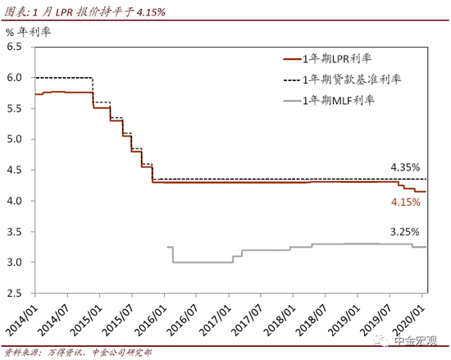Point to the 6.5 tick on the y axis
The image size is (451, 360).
pos(16,47)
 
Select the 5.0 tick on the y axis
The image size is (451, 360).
pos(16,139)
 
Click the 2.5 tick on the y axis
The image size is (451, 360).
pos(16,293)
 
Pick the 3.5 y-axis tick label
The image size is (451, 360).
pos(16,231)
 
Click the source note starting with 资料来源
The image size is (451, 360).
pos(98,351)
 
